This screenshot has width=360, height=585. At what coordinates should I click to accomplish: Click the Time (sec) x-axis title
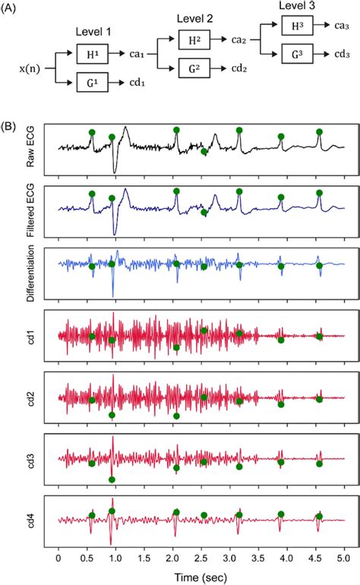click(201, 575)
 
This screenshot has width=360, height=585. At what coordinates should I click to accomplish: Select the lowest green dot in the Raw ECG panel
click(204, 152)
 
